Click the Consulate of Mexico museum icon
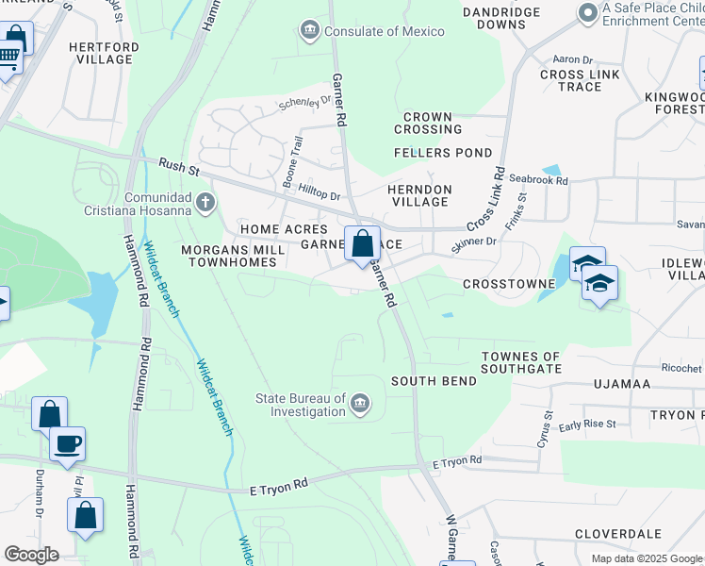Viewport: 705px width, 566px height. tap(309, 31)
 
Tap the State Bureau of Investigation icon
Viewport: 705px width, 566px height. tap(359, 406)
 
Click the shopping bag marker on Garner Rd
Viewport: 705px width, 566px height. tap(362, 244)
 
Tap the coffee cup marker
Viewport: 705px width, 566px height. tap(67, 442)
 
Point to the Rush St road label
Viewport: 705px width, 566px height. tap(179, 168)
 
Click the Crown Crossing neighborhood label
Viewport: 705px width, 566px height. tap(429, 123)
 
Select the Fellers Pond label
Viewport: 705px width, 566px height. tap(443, 152)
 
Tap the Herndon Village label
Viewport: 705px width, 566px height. tap(419, 195)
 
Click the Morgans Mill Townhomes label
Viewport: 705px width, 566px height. tap(220, 256)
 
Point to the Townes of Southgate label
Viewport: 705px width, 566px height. tap(520, 362)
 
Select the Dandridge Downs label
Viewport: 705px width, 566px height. tap(501, 17)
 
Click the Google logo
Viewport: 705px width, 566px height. tap(31, 554)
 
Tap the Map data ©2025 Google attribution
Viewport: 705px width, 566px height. tap(646, 558)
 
